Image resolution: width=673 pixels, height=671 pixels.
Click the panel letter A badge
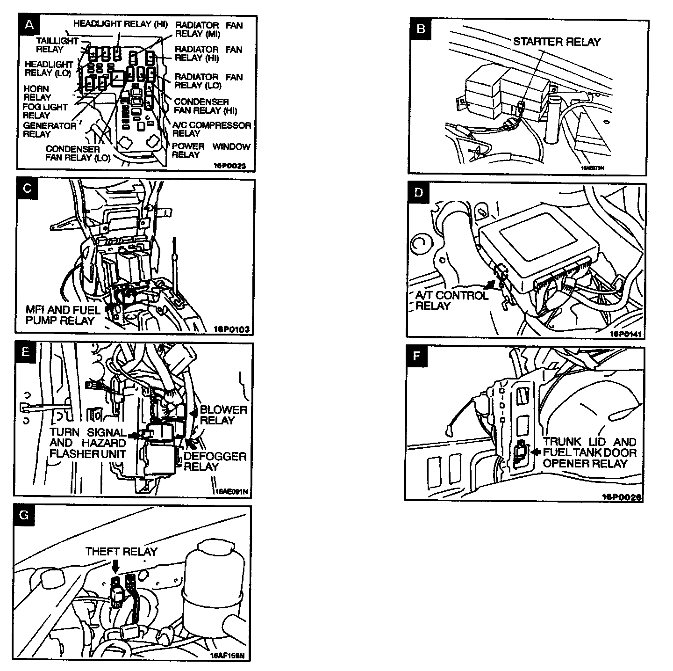(x=29, y=25)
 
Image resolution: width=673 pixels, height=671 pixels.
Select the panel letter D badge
(x=418, y=193)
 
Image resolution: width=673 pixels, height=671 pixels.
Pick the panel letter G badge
(x=25, y=515)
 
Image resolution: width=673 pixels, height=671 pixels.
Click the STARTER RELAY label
(x=557, y=42)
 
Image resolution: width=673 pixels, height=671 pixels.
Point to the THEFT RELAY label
(x=121, y=552)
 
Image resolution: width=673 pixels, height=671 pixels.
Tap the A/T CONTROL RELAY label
(x=451, y=300)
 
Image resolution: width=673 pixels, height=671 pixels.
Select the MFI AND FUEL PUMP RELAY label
(x=63, y=315)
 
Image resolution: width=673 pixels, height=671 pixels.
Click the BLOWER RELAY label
(x=223, y=415)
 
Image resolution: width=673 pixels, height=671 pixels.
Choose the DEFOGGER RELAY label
(x=215, y=461)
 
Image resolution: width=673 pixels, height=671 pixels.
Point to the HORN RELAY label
(x=37, y=93)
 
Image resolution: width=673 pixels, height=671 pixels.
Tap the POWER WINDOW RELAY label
(x=211, y=151)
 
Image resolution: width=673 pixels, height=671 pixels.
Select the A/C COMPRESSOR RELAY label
(x=211, y=129)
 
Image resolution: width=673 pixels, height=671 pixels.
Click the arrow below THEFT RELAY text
(x=115, y=566)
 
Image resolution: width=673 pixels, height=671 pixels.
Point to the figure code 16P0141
(x=626, y=334)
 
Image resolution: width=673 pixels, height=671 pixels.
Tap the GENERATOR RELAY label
(x=49, y=130)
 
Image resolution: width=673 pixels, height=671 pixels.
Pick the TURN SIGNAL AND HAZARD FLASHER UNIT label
(x=88, y=443)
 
